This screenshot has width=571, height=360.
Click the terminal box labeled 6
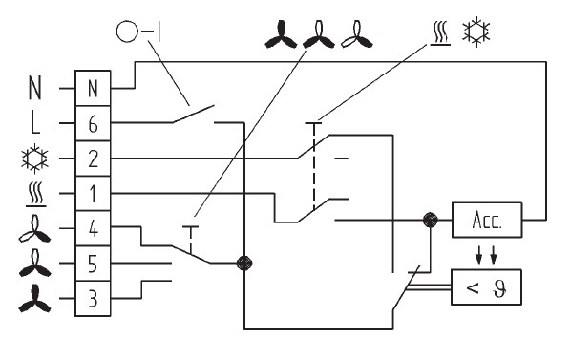[93, 123]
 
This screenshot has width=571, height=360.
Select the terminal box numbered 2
[93, 159]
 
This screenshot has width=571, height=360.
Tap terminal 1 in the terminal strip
[93, 194]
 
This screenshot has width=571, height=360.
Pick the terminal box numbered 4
[93, 228]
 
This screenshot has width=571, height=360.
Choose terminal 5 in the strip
[93, 264]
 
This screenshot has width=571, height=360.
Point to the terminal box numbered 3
[93, 299]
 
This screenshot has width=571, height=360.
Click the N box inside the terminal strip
[93, 89]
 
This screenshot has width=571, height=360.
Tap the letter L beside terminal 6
[34, 123]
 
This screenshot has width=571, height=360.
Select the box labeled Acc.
[487, 221]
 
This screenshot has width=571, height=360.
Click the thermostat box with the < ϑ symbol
[487, 287]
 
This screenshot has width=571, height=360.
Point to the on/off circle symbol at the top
[127, 32]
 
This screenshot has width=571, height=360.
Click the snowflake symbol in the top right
[476, 32]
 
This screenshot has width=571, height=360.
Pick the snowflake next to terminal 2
[34, 159]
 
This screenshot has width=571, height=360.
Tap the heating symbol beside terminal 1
[35, 195]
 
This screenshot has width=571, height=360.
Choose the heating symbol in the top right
[440, 33]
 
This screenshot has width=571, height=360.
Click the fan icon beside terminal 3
[34, 299]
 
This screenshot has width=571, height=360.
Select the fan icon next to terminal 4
[34, 229]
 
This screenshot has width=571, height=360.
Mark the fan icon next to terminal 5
[34, 264]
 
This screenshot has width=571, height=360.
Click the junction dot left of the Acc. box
[430, 221]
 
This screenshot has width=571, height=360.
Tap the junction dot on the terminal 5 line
[244, 263]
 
